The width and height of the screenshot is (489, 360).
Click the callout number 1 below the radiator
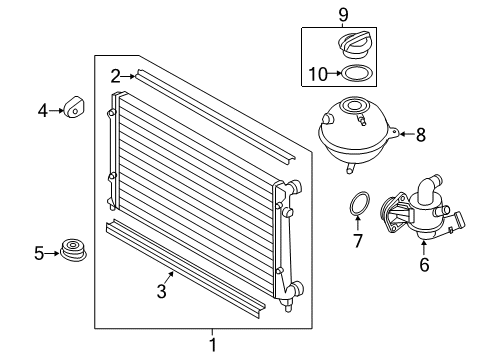click(x=213, y=344)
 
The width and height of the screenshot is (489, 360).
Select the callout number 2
click(x=115, y=76)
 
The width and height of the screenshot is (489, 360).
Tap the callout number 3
click(x=162, y=291)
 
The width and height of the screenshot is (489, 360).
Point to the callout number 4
click(x=43, y=111)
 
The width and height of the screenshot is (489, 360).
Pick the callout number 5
click(x=39, y=253)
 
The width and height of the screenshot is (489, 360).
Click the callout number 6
click(x=424, y=265)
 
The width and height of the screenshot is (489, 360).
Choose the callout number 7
click(x=358, y=241)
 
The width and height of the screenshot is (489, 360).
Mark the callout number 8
click(x=421, y=135)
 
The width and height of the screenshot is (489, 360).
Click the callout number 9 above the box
click(x=343, y=15)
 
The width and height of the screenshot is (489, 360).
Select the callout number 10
click(x=318, y=74)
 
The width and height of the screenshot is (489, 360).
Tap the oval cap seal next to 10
click(x=357, y=73)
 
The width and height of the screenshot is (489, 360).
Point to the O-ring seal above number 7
click(x=359, y=204)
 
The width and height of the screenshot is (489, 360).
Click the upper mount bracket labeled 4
click(x=73, y=107)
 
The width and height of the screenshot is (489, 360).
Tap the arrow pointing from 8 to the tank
click(x=407, y=134)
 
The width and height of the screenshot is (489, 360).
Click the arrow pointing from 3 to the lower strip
click(x=169, y=278)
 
